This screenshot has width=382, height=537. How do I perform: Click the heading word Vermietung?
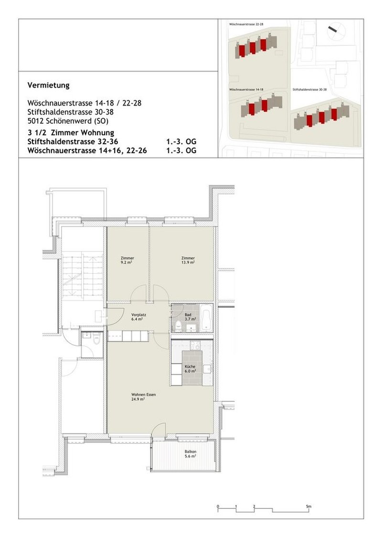[49, 86]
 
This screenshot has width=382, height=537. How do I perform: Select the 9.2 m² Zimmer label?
[127, 260]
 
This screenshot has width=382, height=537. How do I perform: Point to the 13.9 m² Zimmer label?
[188, 260]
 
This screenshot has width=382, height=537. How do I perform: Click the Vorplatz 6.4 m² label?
[138, 317]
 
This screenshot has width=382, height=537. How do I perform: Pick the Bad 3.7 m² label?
[188, 317]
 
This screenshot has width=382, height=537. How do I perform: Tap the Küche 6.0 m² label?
[191, 368]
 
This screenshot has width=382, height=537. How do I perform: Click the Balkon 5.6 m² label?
[191, 454]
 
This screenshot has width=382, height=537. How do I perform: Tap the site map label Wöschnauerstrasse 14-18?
[246, 89]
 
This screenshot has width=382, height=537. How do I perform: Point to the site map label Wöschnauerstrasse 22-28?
[246, 23]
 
